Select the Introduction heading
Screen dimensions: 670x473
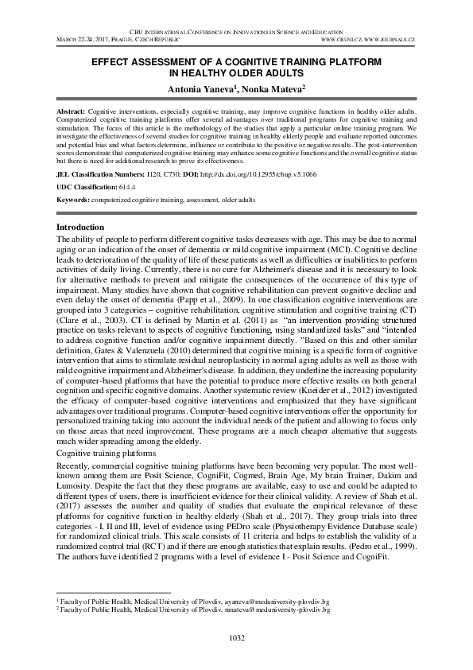(81, 228)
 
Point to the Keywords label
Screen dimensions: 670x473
(76, 200)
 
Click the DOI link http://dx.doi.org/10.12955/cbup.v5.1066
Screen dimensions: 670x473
(258, 173)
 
